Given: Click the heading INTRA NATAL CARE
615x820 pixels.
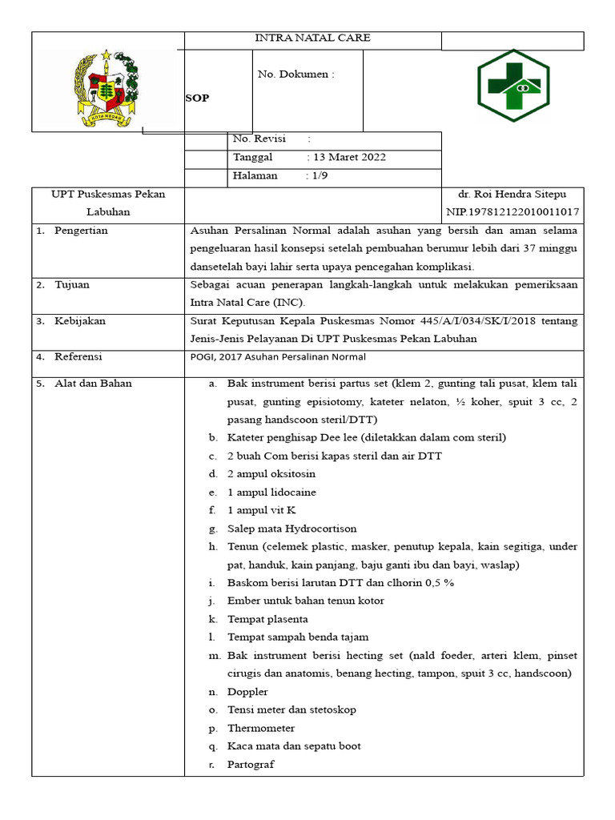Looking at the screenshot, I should coord(312,38).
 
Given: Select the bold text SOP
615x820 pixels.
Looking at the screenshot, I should coord(197,97).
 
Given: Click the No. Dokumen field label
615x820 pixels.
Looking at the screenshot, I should coord(295,74).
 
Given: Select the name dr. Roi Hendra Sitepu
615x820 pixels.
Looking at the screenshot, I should coord(512,195).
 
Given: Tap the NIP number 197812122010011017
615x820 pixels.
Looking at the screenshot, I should coord(512,212).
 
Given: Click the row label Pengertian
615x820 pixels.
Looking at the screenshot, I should coord(80,231).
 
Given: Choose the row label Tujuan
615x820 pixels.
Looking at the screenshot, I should coord(72,285).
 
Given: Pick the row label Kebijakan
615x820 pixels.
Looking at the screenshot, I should coord(79,321).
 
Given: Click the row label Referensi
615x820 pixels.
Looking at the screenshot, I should coord(78,357).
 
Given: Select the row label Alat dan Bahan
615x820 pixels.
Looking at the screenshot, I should coord(92,384).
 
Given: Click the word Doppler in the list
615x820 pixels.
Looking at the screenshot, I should coord(247,692).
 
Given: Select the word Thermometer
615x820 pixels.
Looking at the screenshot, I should coord(261,728).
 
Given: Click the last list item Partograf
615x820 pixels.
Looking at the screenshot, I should coord(251,765).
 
